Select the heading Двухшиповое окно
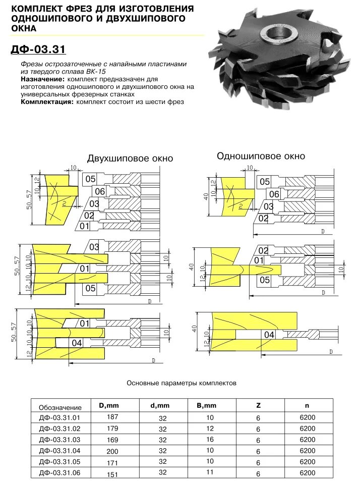130,158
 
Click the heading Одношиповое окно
261,156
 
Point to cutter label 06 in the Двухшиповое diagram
99,191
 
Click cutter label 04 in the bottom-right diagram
269,335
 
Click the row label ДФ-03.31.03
59,440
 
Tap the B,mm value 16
210,439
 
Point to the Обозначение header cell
60,407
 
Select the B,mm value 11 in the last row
210,472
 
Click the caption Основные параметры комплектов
181,383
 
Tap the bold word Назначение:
42,80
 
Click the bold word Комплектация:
47,101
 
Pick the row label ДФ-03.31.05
59,462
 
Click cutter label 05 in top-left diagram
90,179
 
